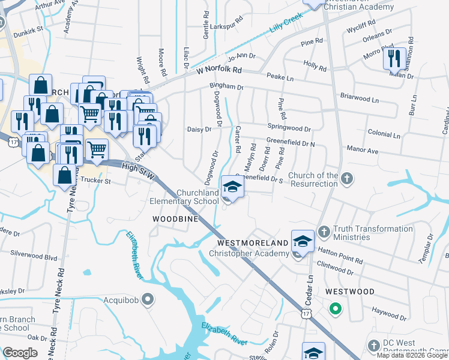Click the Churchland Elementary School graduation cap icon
[x=232, y=187]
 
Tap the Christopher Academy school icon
[x=303, y=241]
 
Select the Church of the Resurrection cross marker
[x=347, y=178]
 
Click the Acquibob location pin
[x=149, y=298]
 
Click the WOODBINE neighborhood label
[x=175, y=220]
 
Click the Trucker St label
[x=96, y=180]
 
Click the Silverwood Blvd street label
[x=38, y=256]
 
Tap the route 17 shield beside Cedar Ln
[x=306, y=314]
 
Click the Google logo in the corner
[x=20, y=353]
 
